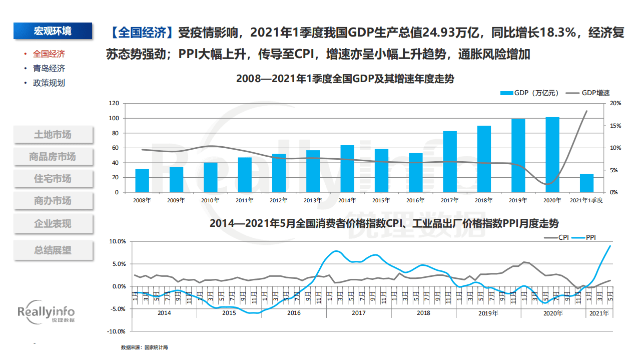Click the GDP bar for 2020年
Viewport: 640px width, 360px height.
[552, 155]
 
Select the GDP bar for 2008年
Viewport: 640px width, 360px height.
[142, 181]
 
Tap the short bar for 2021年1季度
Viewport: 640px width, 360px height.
[586, 183]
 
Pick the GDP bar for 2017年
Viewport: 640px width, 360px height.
[450, 162]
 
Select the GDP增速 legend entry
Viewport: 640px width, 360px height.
[588, 93]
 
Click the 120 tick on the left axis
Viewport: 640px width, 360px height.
[114, 104]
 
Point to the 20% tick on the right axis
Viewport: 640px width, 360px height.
[615, 104]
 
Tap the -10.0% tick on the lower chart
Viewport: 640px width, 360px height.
[117, 331]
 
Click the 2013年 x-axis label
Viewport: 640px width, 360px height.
[313, 200]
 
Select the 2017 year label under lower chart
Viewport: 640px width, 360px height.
[358, 313]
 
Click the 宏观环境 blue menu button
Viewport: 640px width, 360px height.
[53, 31]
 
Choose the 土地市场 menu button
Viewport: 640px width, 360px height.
[53, 135]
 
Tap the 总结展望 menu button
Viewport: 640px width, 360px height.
[53, 250]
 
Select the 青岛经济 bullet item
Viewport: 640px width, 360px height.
[49, 69]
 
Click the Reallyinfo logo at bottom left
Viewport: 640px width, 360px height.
[46, 314]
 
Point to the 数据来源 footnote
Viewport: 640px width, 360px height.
[144, 347]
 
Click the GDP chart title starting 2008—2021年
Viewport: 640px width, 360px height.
[345, 79]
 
